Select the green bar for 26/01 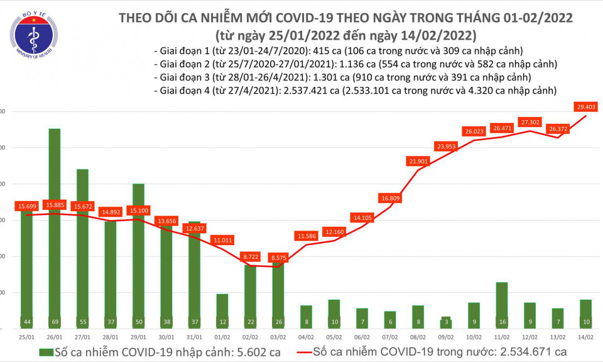(55, 226)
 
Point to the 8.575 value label (278, 258)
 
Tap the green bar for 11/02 (501, 305)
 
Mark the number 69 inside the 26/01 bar (55, 322)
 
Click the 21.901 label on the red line (418, 162)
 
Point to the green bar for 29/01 (138, 255)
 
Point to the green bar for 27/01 (82, 248)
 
